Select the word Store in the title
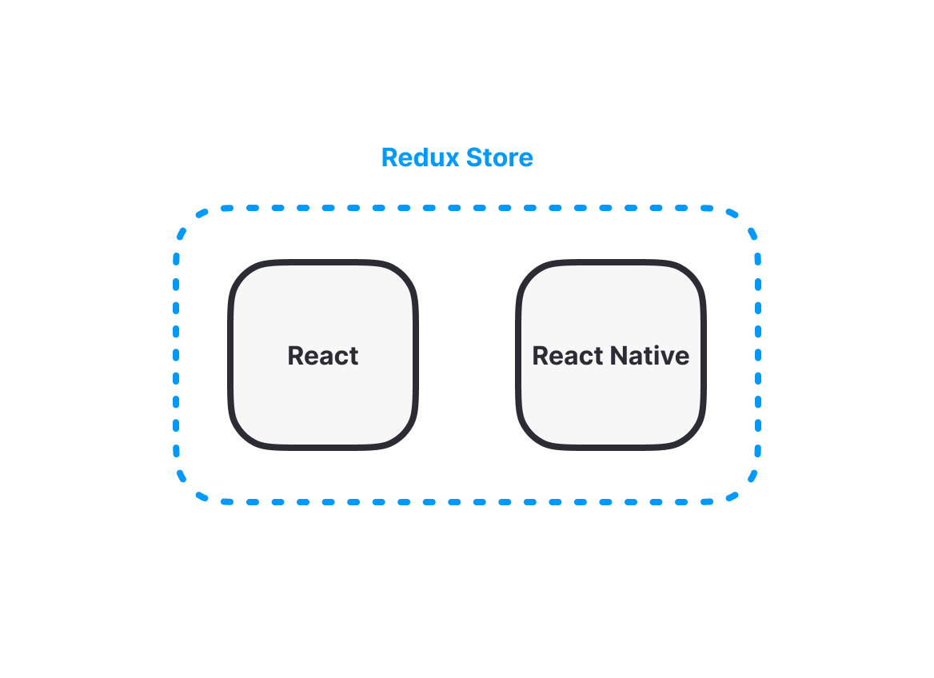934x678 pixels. [x=500, y=158]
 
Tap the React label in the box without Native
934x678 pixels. [x=323, y=356]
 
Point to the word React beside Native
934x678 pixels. [x=568, y=356]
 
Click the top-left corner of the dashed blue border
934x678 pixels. [x=189, y=221]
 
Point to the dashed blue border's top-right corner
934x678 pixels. [x=746, y=221]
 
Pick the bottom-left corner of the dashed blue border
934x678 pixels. [x=189, y=491]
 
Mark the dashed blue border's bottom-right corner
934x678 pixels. [x=746, y=491]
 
